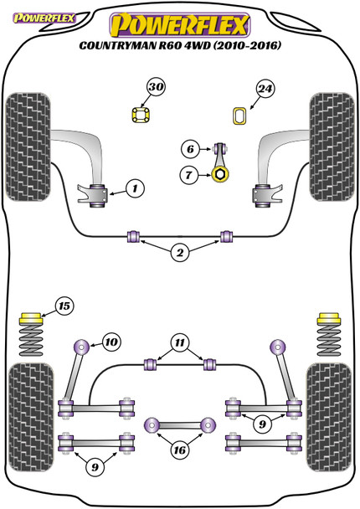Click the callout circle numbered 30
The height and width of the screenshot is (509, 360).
(156, 87)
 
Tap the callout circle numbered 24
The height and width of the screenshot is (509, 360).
(265, 89)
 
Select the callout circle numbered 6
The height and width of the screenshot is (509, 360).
(190, 149)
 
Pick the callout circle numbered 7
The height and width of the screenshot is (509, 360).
(189, 175)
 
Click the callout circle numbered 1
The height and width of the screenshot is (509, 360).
(135, 188)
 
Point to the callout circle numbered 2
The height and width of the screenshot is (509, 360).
(180, 253)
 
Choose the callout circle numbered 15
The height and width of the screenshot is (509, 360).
(64, 306)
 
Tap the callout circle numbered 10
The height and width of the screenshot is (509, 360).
(111, 342)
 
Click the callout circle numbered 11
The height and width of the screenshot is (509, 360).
(180, 342)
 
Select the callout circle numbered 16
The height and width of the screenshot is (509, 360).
(179, 450)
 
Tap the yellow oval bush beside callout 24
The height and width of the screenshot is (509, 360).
(239, 116)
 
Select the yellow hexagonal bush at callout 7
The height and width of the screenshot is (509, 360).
(220, 174)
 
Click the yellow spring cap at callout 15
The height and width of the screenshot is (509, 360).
(31, 318)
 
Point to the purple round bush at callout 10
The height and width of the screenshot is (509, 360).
(82, 347)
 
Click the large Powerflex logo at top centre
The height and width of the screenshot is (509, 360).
(180, 25)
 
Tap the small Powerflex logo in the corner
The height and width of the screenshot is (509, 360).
(44, 18)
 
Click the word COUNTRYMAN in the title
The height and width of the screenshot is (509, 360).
(118, 45)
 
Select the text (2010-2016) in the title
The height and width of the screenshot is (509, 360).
(247, 45)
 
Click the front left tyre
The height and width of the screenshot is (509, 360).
(28, 147)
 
